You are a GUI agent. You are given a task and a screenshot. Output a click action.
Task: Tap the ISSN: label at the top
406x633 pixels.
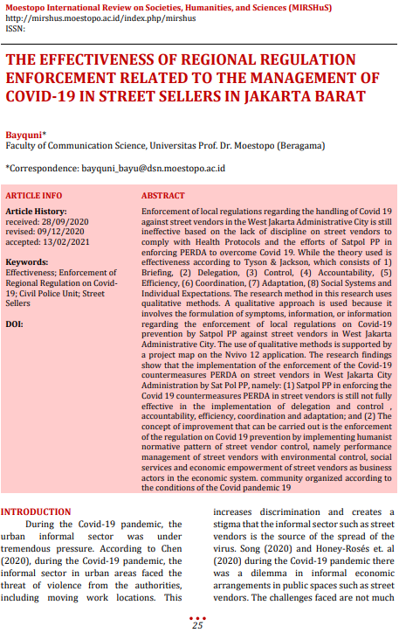coord(15,28)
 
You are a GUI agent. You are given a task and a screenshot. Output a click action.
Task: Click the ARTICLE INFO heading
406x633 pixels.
coord(34,196)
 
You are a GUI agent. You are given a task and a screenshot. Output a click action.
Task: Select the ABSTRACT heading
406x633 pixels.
coord(163,196)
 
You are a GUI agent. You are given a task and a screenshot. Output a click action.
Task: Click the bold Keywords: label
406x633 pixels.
coord(27,261)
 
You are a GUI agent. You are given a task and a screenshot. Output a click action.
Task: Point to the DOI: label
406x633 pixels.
coord(15,323)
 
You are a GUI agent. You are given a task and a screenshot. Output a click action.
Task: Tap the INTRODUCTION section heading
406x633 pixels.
coord(36,512)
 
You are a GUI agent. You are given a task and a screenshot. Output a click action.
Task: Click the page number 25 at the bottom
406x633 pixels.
coord(197,625)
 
